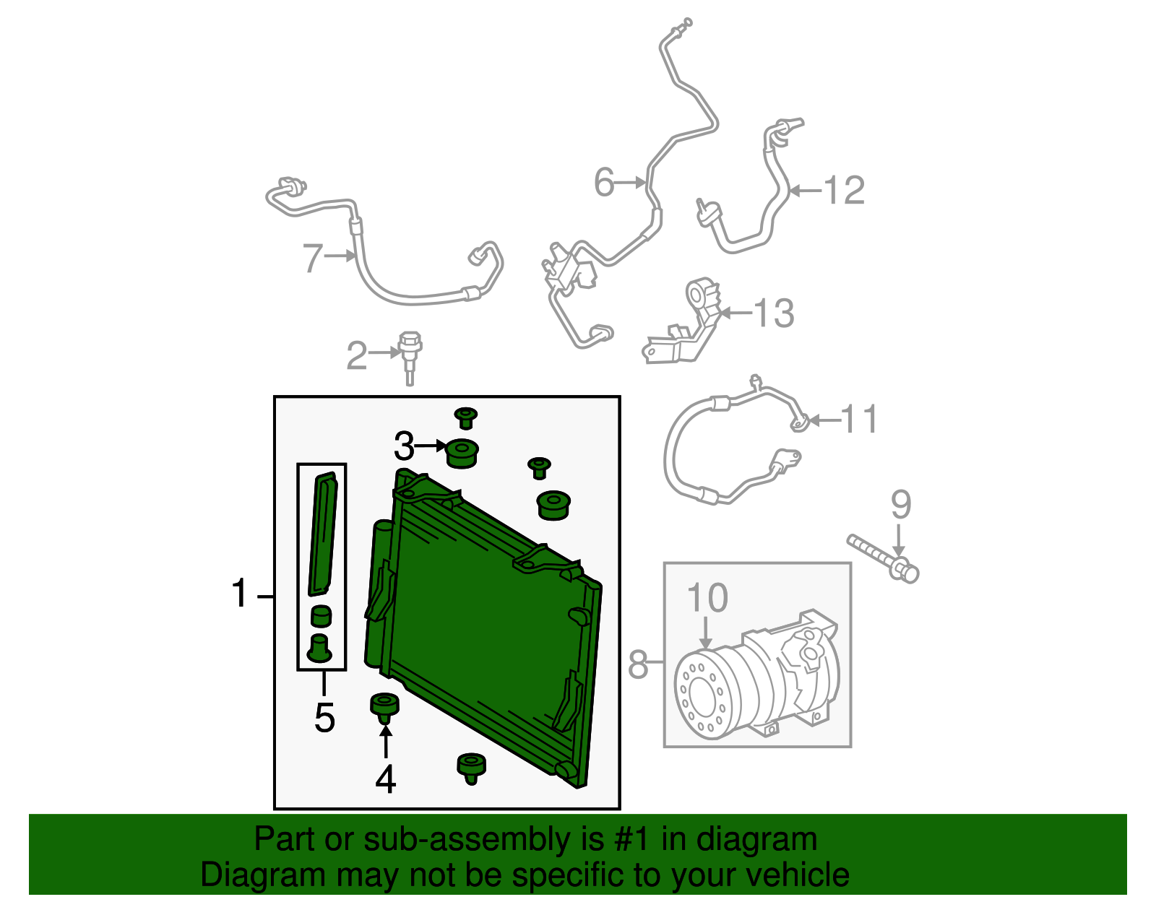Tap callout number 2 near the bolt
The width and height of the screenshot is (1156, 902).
tap(356, 355)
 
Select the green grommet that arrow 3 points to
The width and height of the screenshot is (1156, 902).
tap(462, 454)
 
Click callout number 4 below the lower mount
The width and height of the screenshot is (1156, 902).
tap(386, 779)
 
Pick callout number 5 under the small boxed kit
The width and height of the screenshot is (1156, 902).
tap(324, 718)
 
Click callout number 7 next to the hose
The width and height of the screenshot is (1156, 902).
tap(312, 258)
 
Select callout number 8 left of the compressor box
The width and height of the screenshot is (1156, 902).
tap(638, 664)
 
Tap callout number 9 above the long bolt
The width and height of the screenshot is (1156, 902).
tap(900, 504)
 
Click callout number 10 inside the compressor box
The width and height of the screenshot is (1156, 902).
tap(707, 598)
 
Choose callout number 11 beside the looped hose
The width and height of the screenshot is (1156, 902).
tap(860, 420)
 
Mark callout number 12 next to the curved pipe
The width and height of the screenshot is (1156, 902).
tap(844, 191)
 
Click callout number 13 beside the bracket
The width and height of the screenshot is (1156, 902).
tap(773, 313)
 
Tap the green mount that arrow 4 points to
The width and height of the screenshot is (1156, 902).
tap(384, 706)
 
